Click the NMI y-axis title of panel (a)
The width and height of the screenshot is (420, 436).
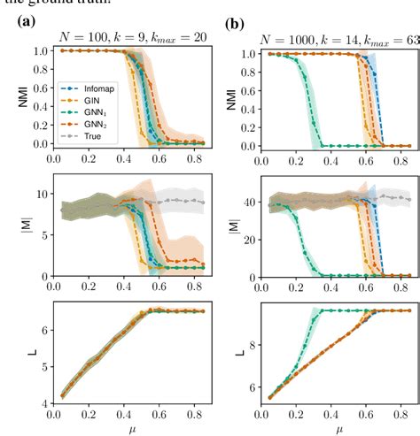12,96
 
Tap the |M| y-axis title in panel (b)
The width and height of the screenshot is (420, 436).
228,233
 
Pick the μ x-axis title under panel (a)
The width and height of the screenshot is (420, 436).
132,429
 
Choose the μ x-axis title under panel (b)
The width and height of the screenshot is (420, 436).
336,429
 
